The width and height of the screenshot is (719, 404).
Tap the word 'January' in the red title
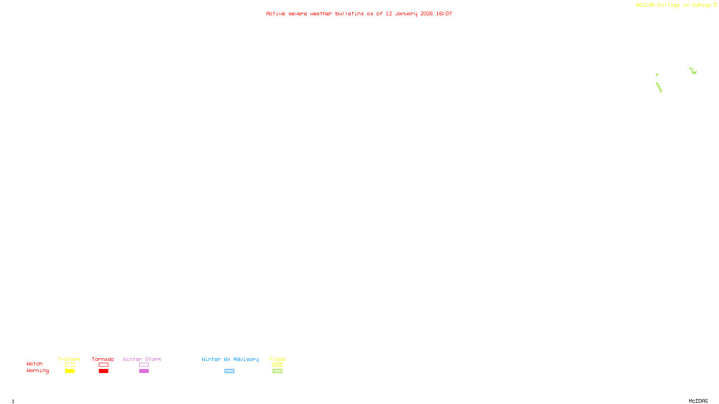tap(406, 14)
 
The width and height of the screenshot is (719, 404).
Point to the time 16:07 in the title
tap(444, 14)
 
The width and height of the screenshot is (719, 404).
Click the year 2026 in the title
tap(426, 14)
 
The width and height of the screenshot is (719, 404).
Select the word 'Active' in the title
tap(275, 14)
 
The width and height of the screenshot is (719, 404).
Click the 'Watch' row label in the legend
tap(35, 364)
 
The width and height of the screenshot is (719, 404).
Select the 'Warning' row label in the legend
tap(37, 371)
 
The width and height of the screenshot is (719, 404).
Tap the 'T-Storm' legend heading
tap(69, 360)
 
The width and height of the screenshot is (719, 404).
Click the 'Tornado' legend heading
tap(103, 360)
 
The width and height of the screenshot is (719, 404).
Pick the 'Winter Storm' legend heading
tap(142, 360)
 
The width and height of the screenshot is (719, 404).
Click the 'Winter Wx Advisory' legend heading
tap(230, 360)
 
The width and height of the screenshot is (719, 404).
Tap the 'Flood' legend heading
tap(277, 360)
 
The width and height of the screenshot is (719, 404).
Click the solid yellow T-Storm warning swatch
tap(70, 371)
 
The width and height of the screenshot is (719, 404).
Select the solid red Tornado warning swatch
tap(103, 371)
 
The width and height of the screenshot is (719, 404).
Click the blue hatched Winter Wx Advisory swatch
tap(229, 371)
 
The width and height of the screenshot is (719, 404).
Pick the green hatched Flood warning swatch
tap(277, 371)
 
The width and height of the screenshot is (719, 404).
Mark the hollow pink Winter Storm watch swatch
tap(144, 365)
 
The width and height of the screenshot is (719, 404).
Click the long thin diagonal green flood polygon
tap(659, 88)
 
